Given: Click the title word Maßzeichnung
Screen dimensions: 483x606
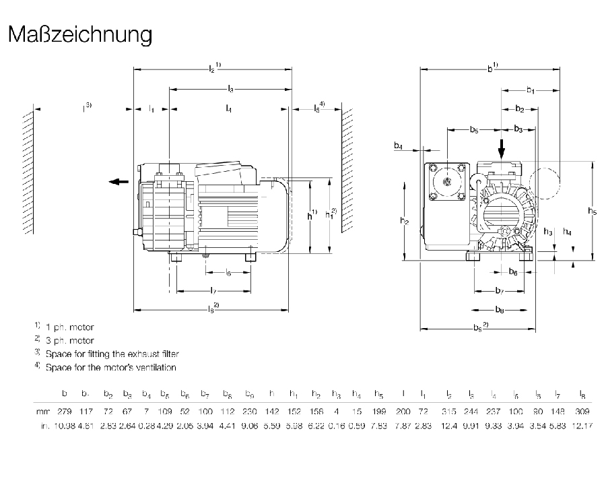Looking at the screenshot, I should click(80, 34).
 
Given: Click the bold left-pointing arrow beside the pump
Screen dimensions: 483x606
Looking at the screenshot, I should click(119, 181).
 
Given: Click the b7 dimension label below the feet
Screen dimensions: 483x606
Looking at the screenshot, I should click(499, 290).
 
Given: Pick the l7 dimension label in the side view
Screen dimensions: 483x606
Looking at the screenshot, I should click(213, 290).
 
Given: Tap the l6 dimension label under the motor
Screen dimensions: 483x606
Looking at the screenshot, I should click(228, 273).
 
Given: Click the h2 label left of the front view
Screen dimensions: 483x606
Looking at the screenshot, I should click(403, 221).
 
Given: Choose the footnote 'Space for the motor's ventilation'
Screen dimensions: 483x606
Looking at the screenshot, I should click(110, 368).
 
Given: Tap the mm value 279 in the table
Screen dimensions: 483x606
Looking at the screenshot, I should click(65, 411).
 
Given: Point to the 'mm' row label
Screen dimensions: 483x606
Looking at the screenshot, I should click(42, 411).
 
